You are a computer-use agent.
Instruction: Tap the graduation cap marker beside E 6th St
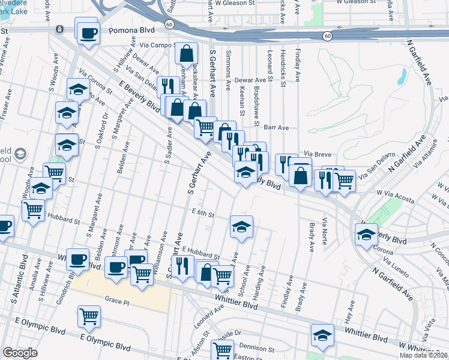point(241,227)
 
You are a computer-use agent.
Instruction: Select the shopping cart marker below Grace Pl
point(89,316)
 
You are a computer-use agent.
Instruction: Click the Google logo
point(20,353)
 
